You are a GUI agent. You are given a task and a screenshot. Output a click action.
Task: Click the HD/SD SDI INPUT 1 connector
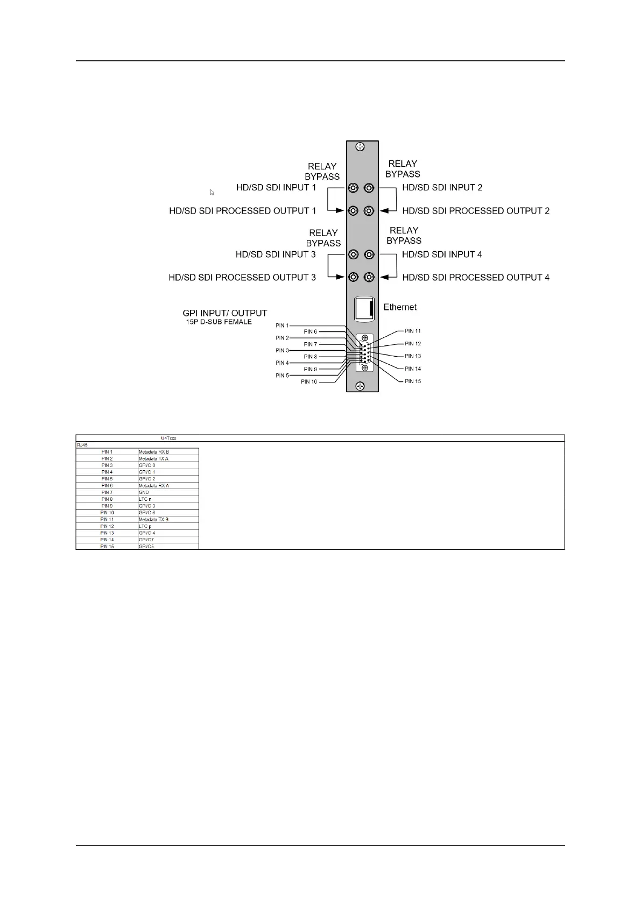(353, 188)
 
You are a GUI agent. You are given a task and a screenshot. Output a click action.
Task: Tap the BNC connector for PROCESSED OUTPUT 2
(369, 211)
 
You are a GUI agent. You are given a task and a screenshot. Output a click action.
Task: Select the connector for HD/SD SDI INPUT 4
(369, 254)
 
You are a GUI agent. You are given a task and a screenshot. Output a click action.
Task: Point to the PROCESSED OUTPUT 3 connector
(353, 278)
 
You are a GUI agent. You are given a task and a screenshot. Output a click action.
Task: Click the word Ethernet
(400, 307)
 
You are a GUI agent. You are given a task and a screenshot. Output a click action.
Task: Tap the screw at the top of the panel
(361, 146)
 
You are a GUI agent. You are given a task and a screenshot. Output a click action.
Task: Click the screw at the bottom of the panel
(361, 386)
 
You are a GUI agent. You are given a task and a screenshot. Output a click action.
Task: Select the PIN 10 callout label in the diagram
(309, 382)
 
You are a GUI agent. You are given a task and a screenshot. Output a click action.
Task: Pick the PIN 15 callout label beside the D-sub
(413, 381)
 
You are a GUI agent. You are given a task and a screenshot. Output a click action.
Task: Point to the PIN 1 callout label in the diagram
(282, 325)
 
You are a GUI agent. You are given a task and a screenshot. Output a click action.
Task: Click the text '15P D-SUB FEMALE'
(219, 322)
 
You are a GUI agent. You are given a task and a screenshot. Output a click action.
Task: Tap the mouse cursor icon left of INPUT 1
(212, 192)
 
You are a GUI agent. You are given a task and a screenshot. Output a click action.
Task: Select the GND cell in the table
(144, 492)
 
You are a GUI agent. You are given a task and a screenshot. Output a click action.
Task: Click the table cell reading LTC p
(145, 526)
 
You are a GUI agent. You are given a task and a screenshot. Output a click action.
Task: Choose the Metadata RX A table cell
(153, 486)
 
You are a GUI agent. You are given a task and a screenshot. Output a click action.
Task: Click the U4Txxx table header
(168, 438)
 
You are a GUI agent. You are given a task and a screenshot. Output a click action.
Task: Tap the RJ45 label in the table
(82, 445)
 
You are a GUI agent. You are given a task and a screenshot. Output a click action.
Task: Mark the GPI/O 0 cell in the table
(146, 465)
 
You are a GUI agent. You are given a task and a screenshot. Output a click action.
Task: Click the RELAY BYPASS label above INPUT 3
(323, 238)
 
